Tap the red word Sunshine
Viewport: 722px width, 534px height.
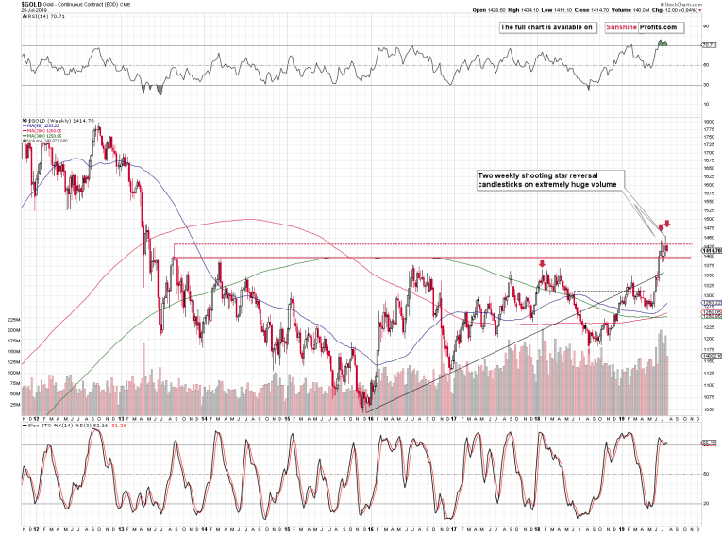tap(616, 27)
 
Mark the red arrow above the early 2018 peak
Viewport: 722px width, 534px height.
tap(542, 264)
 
